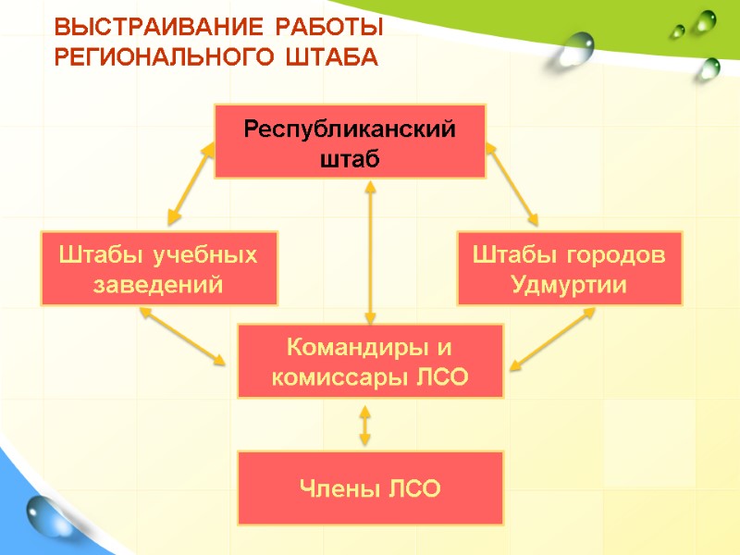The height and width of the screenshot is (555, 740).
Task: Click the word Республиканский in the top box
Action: [350, 129]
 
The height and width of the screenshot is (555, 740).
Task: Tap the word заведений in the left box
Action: [159, 284]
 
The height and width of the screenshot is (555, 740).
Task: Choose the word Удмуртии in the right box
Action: [569, 284]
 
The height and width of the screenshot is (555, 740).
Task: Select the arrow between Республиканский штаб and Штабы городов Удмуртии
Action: [512, 183]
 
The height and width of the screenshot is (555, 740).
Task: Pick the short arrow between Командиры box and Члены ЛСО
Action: [365, 425]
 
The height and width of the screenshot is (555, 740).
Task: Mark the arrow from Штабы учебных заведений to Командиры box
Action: [183, 335]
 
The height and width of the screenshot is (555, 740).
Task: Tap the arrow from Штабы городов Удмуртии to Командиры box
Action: [552, 339]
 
